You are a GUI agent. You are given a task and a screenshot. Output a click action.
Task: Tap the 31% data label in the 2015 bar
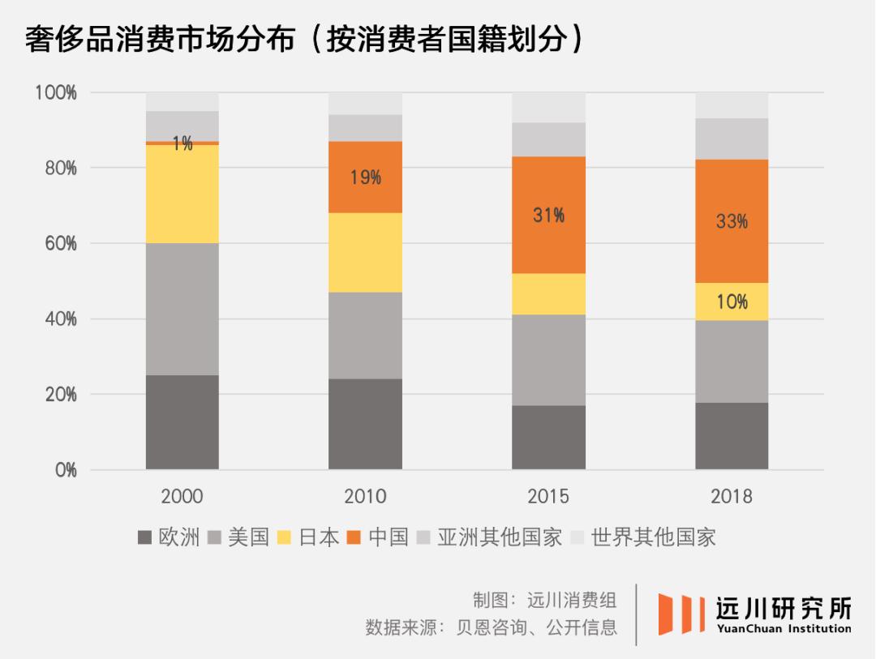coord(548,216)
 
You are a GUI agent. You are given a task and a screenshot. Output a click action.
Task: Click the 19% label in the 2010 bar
coord(365,178)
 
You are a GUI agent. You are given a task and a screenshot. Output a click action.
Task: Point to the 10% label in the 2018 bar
coord(732,302)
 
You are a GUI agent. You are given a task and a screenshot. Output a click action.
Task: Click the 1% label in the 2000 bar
coord(182,144)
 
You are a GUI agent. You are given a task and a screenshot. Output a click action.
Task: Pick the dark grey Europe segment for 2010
coord(365,424)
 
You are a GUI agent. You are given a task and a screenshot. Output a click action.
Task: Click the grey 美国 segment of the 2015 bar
coord(548,360)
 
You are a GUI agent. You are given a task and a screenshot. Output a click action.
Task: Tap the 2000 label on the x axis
coord(182,496)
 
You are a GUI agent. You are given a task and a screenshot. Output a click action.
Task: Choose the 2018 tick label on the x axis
coord(732,496)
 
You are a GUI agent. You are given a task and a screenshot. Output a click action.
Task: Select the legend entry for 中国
coord(377,537)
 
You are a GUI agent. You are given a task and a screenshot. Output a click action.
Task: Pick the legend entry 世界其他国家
coord(644,537)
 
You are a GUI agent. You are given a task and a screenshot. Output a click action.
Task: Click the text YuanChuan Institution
coord(784,628)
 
